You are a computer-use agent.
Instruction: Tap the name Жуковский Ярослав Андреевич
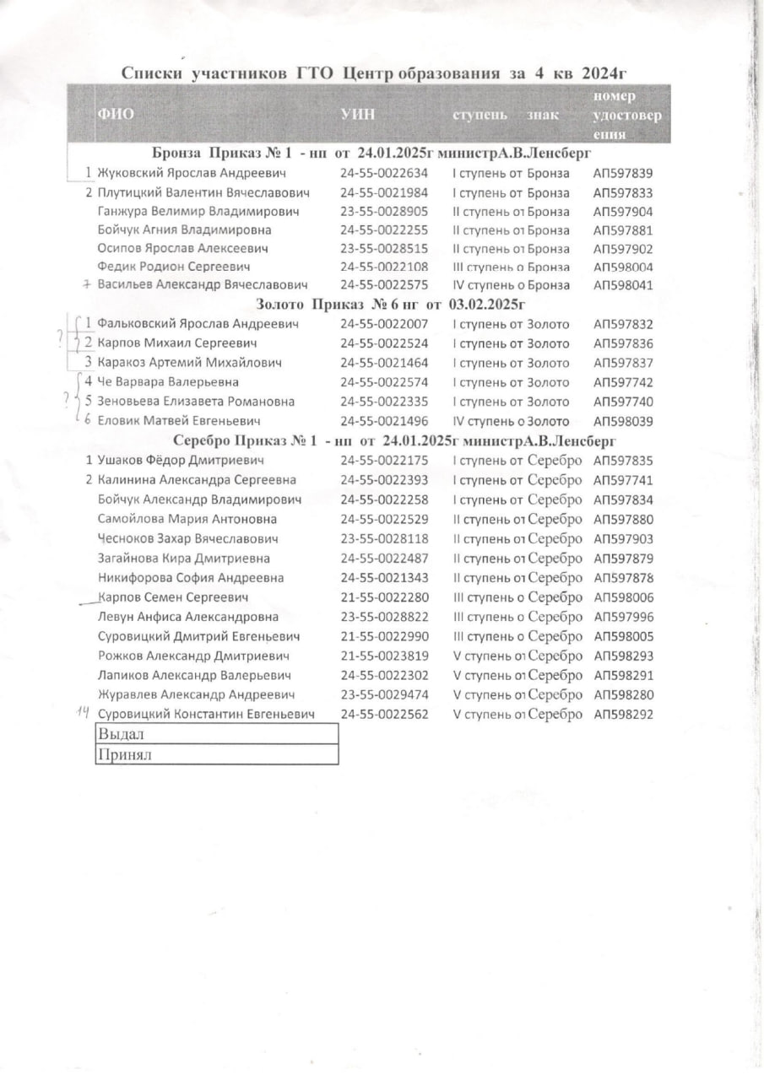192,174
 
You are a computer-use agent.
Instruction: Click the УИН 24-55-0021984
384,192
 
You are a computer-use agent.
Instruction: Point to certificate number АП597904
622,212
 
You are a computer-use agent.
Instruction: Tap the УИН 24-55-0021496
384,421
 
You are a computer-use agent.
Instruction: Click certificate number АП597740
622,402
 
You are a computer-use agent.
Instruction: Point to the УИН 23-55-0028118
384,538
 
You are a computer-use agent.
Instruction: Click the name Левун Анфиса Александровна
188,617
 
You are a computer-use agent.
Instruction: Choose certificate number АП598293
623,656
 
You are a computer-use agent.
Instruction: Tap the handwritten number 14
84,714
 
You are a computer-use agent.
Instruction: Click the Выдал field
218,735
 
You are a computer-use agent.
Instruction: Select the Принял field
218,754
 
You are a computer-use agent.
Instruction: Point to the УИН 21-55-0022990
384,636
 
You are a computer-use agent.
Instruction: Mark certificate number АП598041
622,285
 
